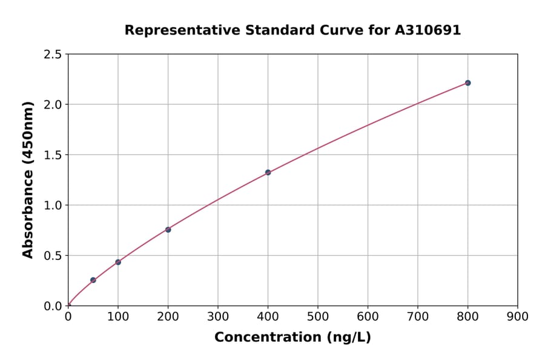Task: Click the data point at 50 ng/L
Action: point(93,280)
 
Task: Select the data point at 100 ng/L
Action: point(118,262)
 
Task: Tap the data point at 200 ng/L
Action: point(168,230)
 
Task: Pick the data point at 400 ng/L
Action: point(268,172)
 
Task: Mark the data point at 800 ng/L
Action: point(467,82)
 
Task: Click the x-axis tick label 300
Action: point(218,316)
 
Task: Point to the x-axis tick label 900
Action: point(517,316)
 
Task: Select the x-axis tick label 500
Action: point(318,316)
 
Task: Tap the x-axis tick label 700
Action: point(418,316)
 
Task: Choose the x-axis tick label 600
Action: point(368,316)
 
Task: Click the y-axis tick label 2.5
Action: point(53,55)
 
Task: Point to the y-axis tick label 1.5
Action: point(53,155)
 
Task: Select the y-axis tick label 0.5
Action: point(53,256)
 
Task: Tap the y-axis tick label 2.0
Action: point(53,105)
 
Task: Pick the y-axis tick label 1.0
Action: point(53,205)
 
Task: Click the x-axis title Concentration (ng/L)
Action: point(292,337)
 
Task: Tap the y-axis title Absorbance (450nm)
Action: point(28,179)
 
